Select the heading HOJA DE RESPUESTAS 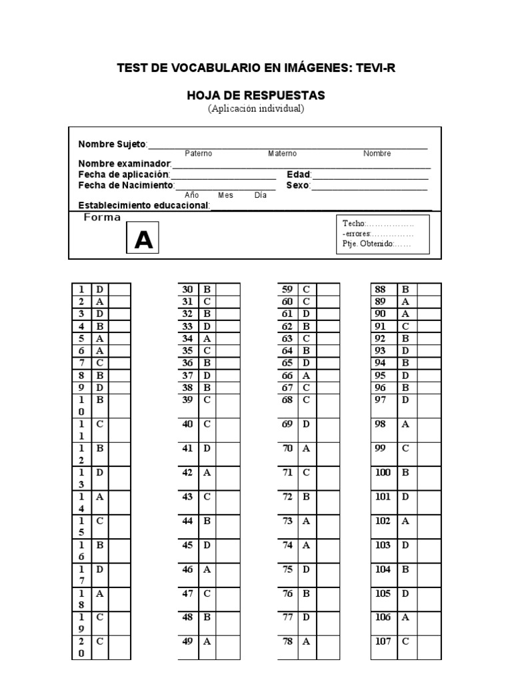256,96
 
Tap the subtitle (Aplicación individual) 256,109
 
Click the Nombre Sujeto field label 112,144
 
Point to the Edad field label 298,174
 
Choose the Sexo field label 298,185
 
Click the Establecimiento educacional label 144,205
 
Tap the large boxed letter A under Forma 144,240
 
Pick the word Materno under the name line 283,154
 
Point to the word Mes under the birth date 225,195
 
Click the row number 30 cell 187,290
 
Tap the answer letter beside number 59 307,290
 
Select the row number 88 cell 382,290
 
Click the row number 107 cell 383,641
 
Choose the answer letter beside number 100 405,473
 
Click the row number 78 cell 287,641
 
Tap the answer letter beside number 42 207,473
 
